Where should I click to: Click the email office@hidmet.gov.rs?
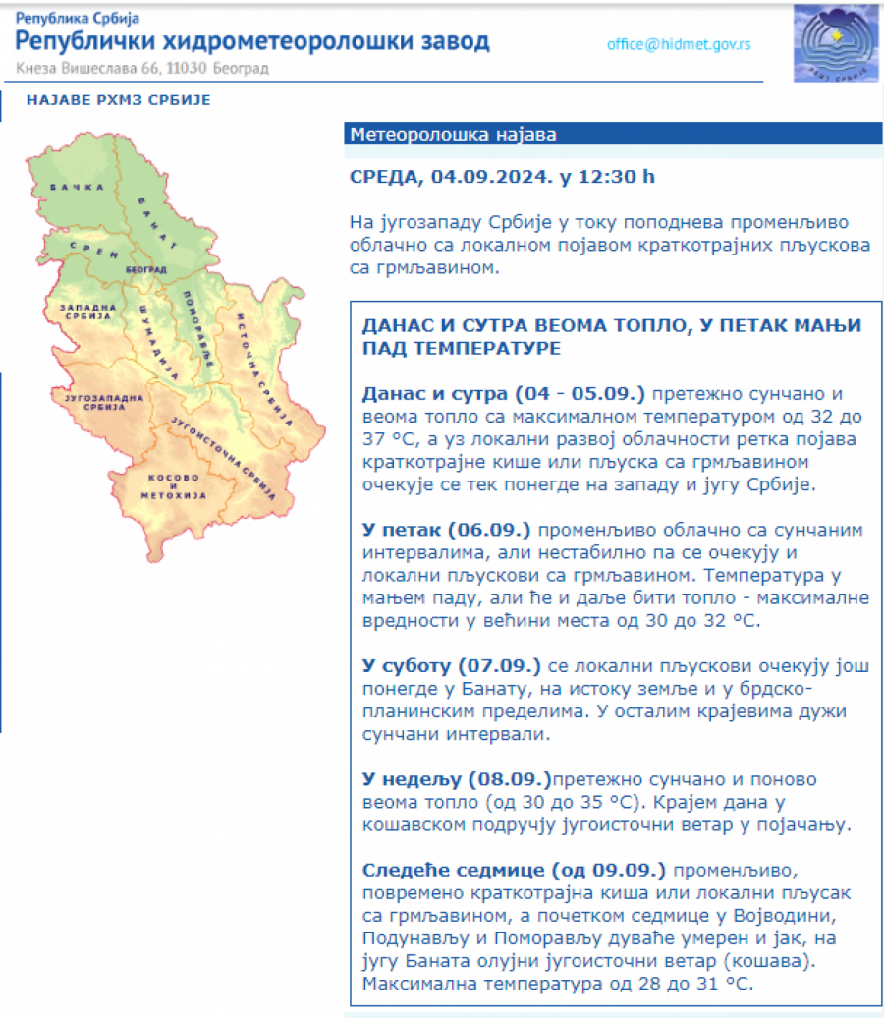click(679, 44)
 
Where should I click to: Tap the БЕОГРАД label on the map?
click(146, 268)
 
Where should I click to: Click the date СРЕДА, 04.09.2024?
click(451, 177)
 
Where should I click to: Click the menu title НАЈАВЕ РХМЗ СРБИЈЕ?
click(119, 100)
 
